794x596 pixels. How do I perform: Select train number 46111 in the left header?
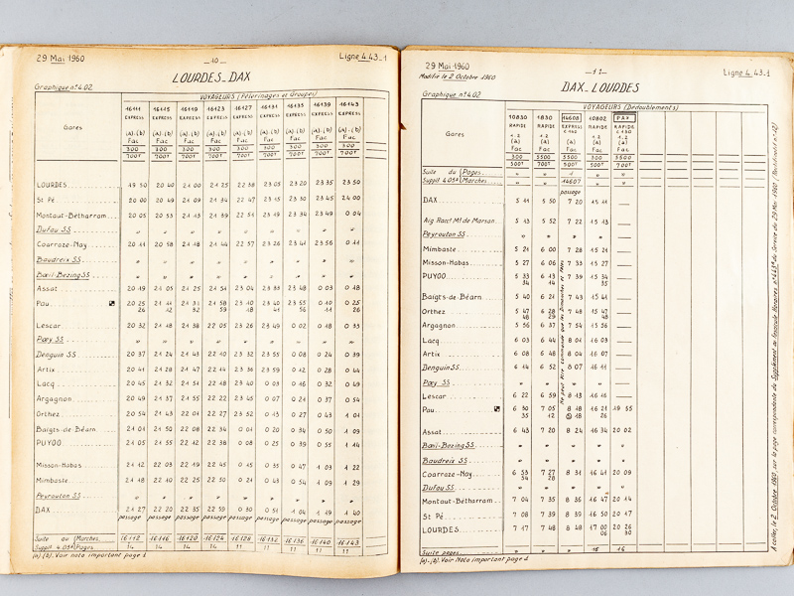[135, 107]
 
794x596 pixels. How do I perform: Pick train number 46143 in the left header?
[349, 103]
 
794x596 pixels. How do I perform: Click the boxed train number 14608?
[571, 116]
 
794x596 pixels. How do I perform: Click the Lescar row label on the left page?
[50, 325]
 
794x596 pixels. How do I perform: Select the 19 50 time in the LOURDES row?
[137, 185]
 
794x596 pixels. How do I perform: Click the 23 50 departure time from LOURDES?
[350, 182]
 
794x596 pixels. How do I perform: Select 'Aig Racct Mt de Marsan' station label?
[459, 221]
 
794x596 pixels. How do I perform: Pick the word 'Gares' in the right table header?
[454, 133]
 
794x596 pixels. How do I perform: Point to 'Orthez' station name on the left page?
[51, 413]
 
